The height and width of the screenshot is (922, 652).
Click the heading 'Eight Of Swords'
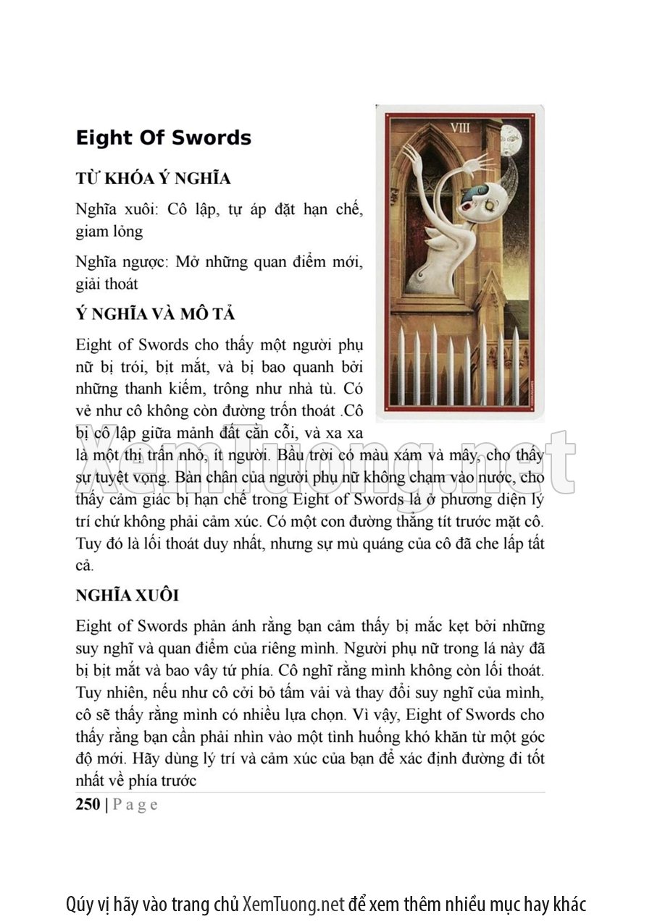[163, 138]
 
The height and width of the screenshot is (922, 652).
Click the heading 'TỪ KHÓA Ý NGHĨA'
[153, 179]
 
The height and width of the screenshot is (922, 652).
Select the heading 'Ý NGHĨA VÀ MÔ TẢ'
[155, 315]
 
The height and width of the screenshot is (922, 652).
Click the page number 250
[88, 804]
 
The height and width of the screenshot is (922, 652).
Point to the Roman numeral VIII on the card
[460, 128]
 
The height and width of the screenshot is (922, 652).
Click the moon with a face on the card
[513, 135]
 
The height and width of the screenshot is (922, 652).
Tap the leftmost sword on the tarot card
[401, 365]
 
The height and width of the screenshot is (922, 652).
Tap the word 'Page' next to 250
[135, 804]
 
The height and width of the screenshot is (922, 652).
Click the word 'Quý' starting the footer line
[78, 904]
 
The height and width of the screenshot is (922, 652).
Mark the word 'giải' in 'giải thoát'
[91, 284]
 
